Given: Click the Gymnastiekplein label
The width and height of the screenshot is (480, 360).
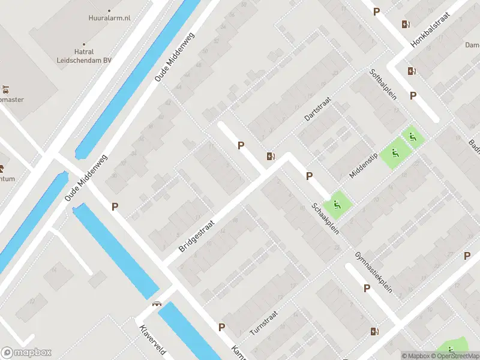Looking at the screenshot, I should click(x=373, y=272).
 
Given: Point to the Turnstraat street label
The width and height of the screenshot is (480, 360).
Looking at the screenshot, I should click(x=263, y=323).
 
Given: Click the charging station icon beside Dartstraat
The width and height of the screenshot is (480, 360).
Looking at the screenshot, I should click(x=271, y=157).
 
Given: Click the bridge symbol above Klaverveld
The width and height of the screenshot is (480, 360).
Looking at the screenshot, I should click(x=157, y=304).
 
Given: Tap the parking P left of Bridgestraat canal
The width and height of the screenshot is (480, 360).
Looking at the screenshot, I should click(x=115, y=206).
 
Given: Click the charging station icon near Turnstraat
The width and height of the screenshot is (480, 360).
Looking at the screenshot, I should click(x=374, y=331).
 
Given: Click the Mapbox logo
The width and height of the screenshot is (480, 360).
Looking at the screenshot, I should click(x=26, y=352).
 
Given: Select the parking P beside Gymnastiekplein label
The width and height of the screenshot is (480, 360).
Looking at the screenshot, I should click(x=367, y=289).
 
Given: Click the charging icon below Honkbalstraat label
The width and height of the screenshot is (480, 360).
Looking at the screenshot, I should click(x=412, y=71).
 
